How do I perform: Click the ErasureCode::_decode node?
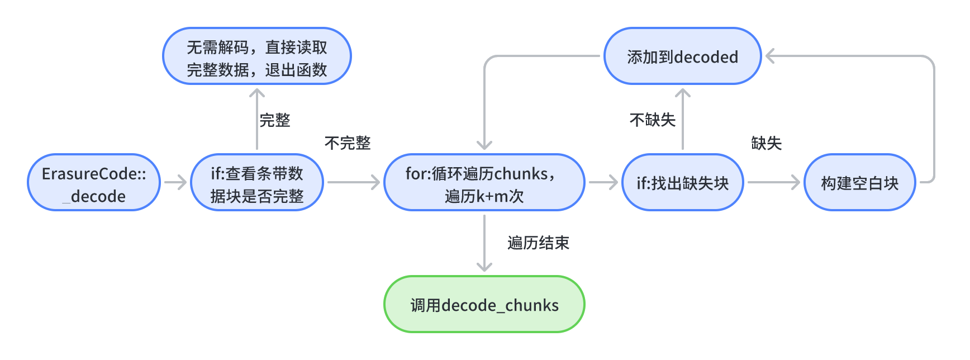(x=94, y=182)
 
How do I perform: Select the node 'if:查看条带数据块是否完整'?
(x=257, y=182)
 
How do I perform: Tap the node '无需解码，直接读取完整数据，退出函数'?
(x=257, y=56)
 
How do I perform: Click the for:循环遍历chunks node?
(x=484, y=182)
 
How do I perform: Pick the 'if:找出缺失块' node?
(x=682, y=182)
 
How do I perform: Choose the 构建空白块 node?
(x=859, y=182)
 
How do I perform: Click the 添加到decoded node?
(x=682, y=56)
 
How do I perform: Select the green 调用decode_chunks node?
(x=484, y=305)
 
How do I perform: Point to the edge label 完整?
(x=275, y=120)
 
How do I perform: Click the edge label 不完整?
(x=348, y=143)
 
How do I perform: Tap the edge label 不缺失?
(x=652, y=120)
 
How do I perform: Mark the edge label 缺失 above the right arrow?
(x=766, y=143)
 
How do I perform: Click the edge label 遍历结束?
(x=538, y=243)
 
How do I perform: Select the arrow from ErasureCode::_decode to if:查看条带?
(x=175, y=182)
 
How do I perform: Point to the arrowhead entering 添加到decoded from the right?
(x=770, y=56)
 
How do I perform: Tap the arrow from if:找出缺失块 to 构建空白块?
(x=774, y=182)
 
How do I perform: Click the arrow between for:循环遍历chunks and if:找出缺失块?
(x=603, y=182)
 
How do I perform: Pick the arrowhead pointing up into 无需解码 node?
(x=257, y=93)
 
